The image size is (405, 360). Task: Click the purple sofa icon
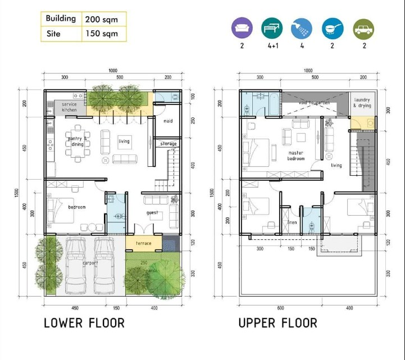click(242, 28)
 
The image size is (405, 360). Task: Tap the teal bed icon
click(272, 28)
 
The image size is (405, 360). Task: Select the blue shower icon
click(302, 28)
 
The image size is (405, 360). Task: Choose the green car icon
click(363, 28)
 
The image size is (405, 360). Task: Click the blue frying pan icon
click(333, 28)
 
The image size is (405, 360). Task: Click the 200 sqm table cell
click(102, 19)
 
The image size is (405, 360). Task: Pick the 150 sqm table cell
click(102, 34)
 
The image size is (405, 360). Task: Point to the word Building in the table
click(61, 19)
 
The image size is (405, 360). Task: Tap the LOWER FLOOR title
click(84, 323)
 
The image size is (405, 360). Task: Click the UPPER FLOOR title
click(277, 323)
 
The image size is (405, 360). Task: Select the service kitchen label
click(70, 107)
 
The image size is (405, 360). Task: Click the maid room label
click(168, 121)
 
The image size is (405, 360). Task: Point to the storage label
click(168, 144)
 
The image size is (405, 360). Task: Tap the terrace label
click(143, 243)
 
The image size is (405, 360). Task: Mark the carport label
click(90, 262)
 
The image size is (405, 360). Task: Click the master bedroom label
click(296, 156)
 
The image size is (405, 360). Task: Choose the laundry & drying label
click(362, 103)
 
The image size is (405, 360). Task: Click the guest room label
click(152, 213)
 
